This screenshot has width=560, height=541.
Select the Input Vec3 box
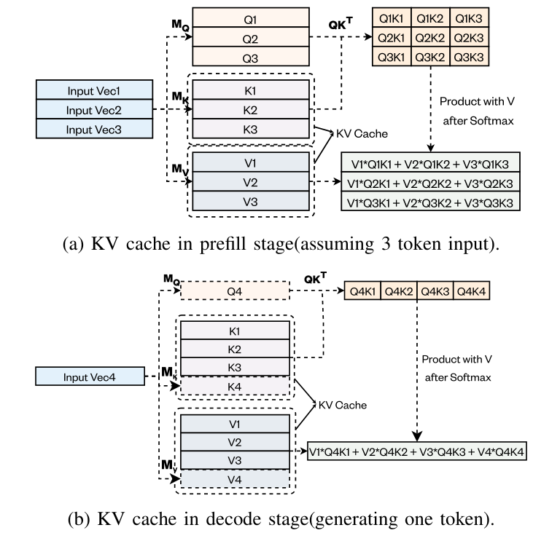pyautogui.click(x=94, y=130)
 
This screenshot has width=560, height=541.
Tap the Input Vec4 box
pyautogui.click(x=89, y=377)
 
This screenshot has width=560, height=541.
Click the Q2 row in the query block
pyautogui.click(x=249, y=36)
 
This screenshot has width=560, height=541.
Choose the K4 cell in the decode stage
pyautogui.click(x=234, y=386)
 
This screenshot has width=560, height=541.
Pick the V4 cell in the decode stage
pyautogui.click(x=234, y=479)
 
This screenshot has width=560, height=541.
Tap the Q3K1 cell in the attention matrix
pyautogui.click(x=392, y=55)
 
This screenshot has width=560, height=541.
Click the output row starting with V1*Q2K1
pyautogui.click(x=430, y=181)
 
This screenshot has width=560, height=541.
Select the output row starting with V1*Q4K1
pyautogui.click(x=416, y=451)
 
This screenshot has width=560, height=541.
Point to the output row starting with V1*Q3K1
pyautogui.click(x=430, y=200)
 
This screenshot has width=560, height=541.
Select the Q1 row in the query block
pyautogui.click(x=249, y=16)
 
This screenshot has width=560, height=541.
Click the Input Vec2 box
pyautogui.click(x=94, y=110)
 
